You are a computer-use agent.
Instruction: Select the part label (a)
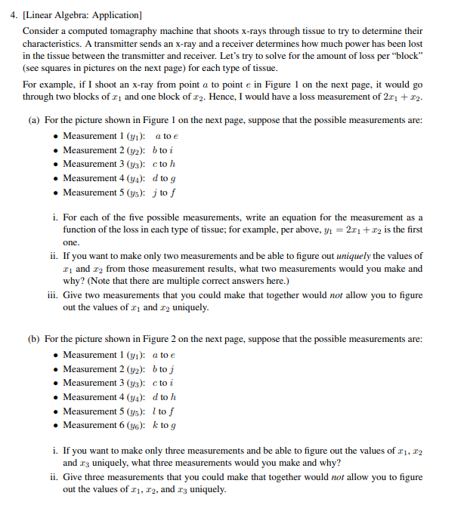click(x=34, y=121)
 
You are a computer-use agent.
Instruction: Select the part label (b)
click(x=34, y=340)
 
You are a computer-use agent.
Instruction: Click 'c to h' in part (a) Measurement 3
click(x=165, y=164)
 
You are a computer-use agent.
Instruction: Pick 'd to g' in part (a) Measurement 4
click(x=165, y=178)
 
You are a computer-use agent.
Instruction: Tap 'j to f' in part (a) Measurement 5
click(x=165, y=192)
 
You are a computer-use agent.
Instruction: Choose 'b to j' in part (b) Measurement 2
click(x=165, y=369)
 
